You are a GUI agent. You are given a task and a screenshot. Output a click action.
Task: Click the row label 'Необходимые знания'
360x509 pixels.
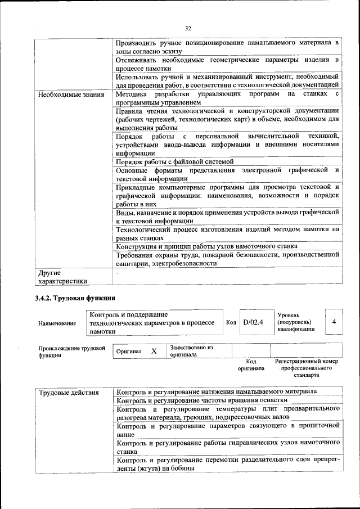click(x=71, y=94)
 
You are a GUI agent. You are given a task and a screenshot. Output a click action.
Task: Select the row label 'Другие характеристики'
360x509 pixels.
click(x=62, y=276)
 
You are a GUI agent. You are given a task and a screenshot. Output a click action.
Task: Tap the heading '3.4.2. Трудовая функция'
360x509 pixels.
click(x=75, y=298)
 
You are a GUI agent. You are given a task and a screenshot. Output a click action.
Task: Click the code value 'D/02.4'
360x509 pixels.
click(x=253, y=322)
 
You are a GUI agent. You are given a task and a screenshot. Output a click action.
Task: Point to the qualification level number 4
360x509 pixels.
click(x=334, y=322)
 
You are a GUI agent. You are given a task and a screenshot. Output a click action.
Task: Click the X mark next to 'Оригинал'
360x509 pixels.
click(x=154, y=351)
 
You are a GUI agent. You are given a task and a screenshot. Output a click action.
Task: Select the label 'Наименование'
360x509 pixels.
click(x=57, y=323)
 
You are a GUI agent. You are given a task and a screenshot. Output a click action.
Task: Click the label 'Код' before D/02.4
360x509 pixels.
click(x=231, y=322)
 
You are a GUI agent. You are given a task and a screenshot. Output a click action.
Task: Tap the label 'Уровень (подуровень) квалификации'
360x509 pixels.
click(x=296, y=322)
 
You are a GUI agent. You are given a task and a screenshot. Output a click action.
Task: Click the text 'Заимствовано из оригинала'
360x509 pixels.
click(x=191, y=351)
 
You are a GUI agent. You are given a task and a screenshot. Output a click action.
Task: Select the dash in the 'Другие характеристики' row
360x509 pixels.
click(x=117, y=272)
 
